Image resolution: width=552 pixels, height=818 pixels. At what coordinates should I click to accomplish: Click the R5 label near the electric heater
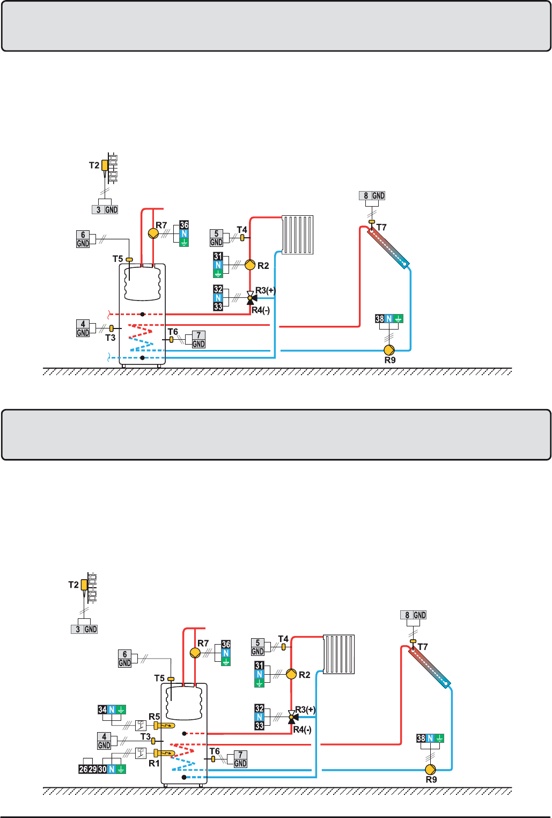pos(154,717)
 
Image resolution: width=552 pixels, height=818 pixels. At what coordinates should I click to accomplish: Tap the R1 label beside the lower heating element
pos(154,764)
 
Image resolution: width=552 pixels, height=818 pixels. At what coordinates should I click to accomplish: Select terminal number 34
pos(102,710)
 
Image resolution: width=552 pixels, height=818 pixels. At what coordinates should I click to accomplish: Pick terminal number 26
pos(83,769)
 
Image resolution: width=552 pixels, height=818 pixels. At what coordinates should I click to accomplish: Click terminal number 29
pos(93,769)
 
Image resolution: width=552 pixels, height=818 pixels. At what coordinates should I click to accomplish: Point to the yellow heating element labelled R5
pos(164,725)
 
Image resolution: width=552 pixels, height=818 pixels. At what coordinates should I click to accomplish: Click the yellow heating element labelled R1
pos(164,753)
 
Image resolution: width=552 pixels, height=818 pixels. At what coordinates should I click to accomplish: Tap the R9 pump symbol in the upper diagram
pos(389,350)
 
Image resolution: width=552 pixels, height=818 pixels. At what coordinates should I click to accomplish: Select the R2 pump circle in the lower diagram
pos(291,674)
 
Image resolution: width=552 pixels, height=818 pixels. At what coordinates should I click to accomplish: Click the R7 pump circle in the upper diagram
pos(153,233)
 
